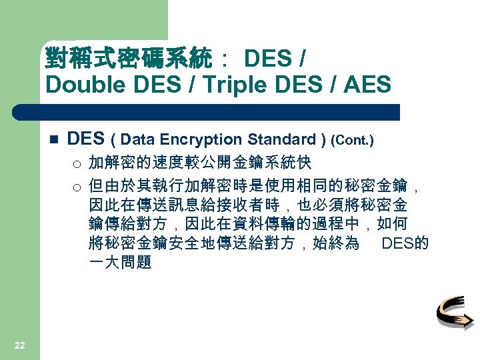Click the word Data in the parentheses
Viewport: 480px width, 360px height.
[138, 139]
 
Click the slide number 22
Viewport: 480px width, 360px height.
[20, 345]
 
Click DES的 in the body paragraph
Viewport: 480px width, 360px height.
[405, 243]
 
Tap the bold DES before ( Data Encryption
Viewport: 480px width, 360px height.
[86, 139]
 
